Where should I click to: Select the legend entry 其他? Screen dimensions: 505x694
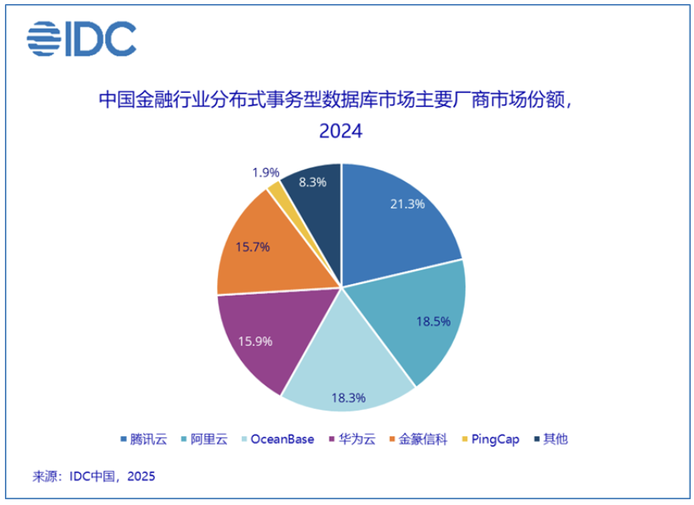[x=550, y=439]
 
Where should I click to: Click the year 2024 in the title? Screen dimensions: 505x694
[x=340, y=132]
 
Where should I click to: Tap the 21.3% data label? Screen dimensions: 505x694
[x=407, y=204]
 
